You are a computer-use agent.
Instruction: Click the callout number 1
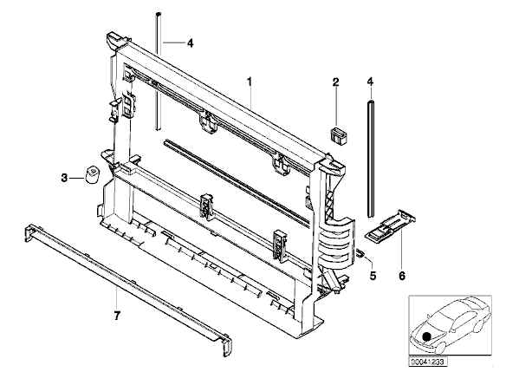coord(250,82)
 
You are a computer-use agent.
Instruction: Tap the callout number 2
coord(336,82)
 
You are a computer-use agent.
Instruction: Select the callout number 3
coord(64,178)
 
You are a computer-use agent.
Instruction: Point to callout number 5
coord(373,276)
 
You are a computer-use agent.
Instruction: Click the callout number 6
coord(402,276)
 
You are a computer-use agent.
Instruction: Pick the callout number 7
coord(117,315)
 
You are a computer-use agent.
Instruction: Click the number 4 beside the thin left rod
coord(191,43)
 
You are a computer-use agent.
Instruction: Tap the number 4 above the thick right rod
coord(371,82)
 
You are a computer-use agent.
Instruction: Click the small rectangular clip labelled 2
coord(339,135)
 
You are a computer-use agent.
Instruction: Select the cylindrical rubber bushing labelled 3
coord(93,174)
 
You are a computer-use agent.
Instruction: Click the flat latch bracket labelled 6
coord(390,225)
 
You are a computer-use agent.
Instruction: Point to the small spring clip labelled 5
coord(360,252)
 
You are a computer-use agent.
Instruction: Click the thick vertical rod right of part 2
coord(371,158)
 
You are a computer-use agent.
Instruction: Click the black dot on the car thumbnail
coord(427,336)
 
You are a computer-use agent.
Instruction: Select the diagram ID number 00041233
coord(427,362)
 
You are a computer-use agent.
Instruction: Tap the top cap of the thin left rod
coord(158,15)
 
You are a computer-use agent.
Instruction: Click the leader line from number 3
coord(77,178)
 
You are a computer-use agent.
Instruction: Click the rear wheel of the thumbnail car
coord(479,326)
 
